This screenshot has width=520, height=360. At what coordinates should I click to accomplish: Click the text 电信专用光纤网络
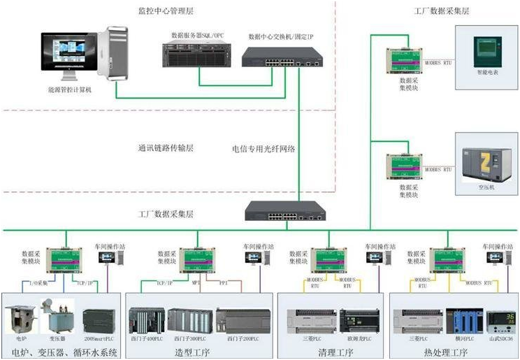[263, 149]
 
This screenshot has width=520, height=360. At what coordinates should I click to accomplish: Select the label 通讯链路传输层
[166, 148]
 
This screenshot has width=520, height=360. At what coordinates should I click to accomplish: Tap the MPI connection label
[197, 284]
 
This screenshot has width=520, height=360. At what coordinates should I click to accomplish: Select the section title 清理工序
[331, 351]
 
